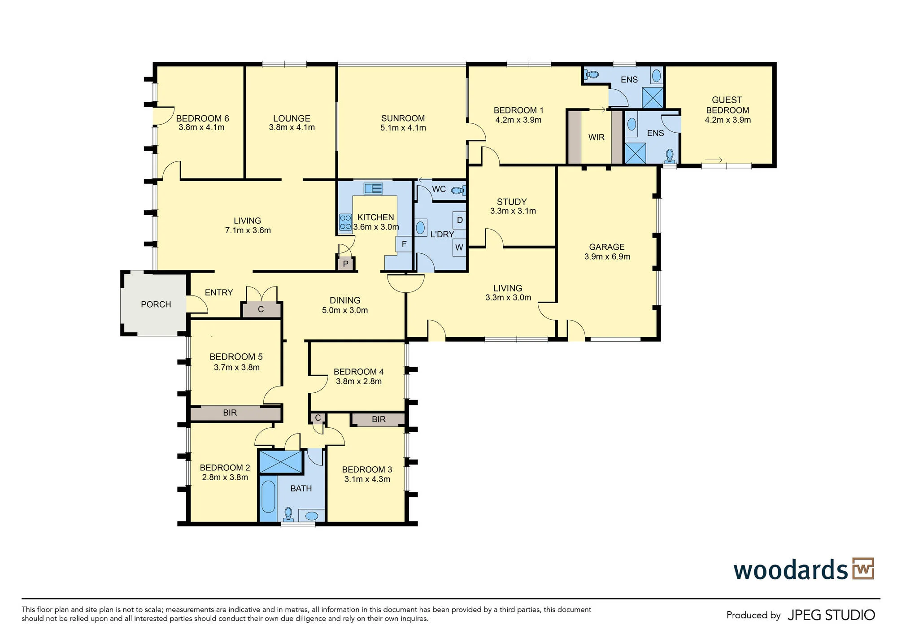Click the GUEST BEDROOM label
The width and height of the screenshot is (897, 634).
click(x=727, y=105)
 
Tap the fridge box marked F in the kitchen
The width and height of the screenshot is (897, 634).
click(x=404, y=244)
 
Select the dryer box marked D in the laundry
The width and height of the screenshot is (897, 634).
click(x=459, y=220)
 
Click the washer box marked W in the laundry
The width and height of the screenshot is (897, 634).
click(x=459, y=247)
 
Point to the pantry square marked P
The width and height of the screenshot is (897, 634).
click(x=345, y=264)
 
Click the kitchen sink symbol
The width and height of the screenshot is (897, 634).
click(x=373, y=188)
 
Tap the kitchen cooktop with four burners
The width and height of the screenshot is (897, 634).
click(x=345, y=222)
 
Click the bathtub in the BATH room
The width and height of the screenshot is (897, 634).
click(x=268, y=497)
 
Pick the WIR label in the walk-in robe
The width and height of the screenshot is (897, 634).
click(x=596, y=137)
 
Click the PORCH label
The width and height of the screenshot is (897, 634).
click(x=156, y=304)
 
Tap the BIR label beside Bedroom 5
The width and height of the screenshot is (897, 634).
click(x=230, y=413)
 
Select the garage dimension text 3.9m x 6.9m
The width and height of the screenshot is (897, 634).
click(x=607, y=256)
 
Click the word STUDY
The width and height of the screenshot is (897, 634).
click(x=511, y=202)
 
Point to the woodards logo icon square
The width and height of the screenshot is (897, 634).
click(x=863, y=569)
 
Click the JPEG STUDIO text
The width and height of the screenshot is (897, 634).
click(x=831, y=615)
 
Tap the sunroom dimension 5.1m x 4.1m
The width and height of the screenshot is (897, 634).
click(x=403, y=128)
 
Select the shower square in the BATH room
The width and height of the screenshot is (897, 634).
click(x=281, y=462)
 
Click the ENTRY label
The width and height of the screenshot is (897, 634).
click(x=218, y=292)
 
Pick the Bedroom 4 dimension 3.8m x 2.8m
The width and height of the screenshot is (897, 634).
click(x=358, y=382)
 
